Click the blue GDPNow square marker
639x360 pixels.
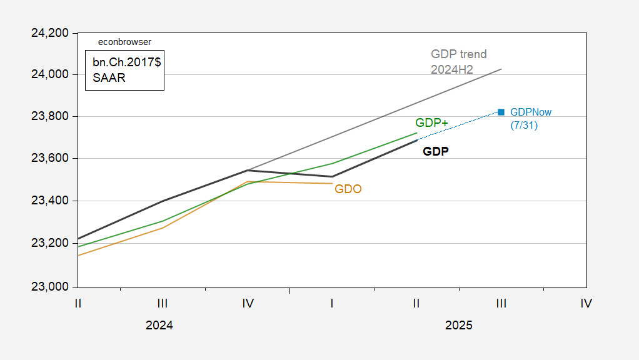click(x=501, y=112)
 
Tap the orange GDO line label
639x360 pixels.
click(x=348, y=189)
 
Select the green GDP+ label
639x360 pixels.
click(x=431, y=123)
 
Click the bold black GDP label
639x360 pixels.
click(x=436, y=151)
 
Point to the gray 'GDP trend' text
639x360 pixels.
click(x=458, y=54)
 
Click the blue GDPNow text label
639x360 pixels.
click(x=531, y=112)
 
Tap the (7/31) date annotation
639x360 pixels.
click(x=524, y=125)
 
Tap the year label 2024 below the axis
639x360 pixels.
click(x=159, y=326)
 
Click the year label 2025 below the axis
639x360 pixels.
click(x=458, y=326)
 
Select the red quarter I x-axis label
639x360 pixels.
click(x=331, y=303)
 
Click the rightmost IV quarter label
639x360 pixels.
click(x=586, y=303)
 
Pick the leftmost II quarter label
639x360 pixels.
click(x=78, y=303)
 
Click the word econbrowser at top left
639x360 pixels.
click(x=125, y=42)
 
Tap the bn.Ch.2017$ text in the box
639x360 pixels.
click(x=124, y=64)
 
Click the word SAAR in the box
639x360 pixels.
click(x=109, y=78)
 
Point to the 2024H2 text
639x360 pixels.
click(x=451, y=69)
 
